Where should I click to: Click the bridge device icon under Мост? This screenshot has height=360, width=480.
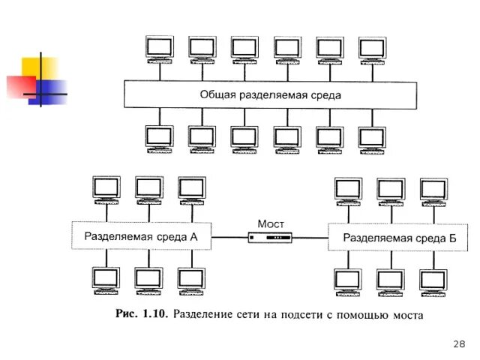coord(270,238)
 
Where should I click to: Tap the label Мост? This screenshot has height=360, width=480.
coord(270,223)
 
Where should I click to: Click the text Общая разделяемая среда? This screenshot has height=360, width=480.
coord(271,95)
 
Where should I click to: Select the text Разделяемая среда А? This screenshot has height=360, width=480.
coord(141,236)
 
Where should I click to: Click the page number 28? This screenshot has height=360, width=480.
coord(460,343)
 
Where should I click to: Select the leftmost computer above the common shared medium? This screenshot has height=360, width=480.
coord(159,49)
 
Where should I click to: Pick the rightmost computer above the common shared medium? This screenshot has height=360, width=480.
coord(372,49)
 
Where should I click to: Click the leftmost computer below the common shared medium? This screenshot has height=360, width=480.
coord(159,139)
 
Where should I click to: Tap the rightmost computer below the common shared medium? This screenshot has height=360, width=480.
coord(372,139)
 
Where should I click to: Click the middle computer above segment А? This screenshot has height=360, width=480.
coord(148,189)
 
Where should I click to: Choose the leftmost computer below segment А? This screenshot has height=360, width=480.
coord(106,280)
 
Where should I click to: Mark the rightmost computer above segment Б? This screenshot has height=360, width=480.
coord(433,190)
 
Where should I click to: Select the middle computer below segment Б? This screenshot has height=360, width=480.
coord(391,282)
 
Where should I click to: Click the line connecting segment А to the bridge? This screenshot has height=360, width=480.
coord(229,238)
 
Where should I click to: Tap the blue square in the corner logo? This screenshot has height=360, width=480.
coord(51,91)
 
